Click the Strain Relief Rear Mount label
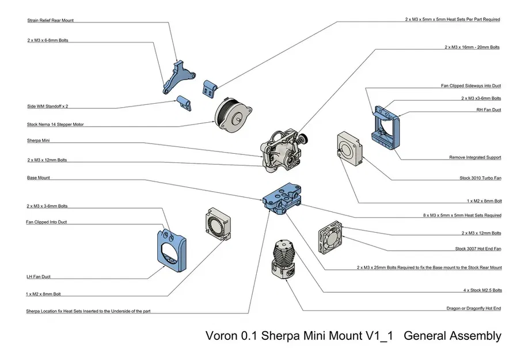click(x=51, y=20)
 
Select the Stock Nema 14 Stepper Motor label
click(x=55, y=124)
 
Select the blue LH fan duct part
click(x=171, y=248)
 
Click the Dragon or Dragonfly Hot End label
click(x=473, y=308)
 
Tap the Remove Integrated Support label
click(x=475, y=157)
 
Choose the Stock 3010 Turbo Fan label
click(x=480, y=178)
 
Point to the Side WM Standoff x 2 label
click(x=51, y=106)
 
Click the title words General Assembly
click(x=453, y=336)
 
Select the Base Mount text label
click(x=39, y=178)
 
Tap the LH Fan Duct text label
click(x=39, y=276)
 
